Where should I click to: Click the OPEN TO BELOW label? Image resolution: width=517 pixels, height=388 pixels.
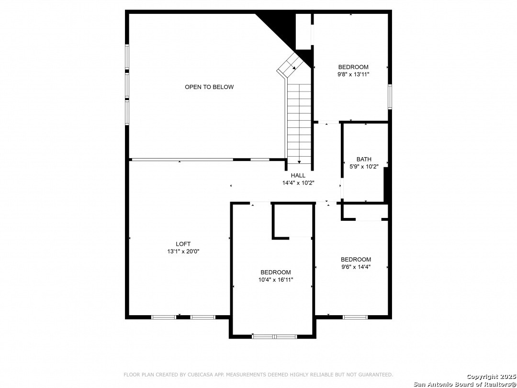209,87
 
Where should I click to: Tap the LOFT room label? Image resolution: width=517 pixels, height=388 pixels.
183,244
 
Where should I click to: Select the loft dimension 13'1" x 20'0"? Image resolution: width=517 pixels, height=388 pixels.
183,251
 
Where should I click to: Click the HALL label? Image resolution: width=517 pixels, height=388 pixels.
298,175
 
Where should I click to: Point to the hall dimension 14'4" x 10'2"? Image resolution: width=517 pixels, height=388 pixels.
298,183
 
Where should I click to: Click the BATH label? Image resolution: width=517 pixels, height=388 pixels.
364,160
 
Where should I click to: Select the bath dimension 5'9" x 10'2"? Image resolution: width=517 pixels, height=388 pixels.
364,167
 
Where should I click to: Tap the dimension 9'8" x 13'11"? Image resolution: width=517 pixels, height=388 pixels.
353,75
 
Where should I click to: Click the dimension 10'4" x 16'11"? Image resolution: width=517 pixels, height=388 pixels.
276,280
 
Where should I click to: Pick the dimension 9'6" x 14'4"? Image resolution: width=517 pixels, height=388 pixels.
356,267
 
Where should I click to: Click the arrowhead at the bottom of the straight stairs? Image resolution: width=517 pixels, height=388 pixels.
299,162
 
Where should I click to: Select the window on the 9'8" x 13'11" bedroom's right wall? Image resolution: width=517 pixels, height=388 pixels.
390,97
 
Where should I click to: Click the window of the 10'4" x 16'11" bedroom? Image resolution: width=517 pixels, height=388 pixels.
274,337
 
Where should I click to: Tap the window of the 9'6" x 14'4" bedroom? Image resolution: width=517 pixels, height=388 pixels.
355,318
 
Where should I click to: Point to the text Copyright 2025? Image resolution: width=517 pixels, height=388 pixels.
491,377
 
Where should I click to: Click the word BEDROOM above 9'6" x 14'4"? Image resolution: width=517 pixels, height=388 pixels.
356,260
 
